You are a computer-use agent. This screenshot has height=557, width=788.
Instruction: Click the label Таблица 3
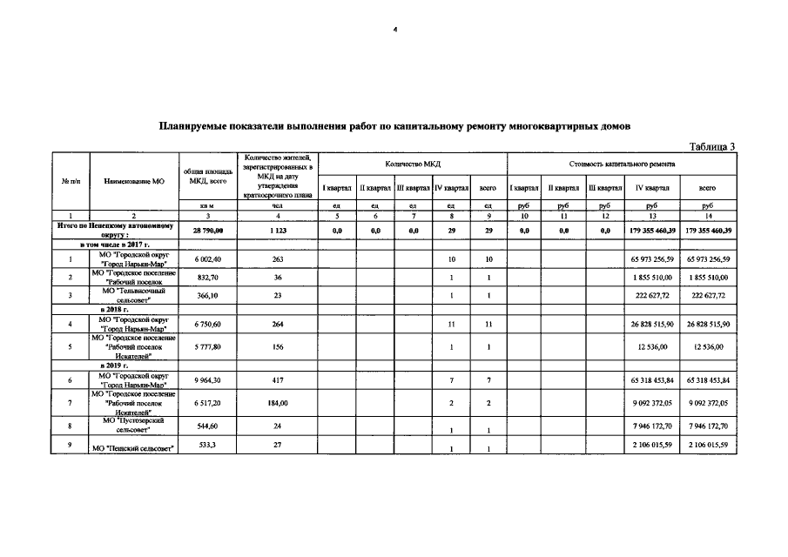coord(712,145)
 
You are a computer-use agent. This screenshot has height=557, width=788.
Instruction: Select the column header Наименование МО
coord(133,181)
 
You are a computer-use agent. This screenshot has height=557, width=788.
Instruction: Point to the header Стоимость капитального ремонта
coord(622,164)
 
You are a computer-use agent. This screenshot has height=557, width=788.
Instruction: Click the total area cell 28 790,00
coord(208,231)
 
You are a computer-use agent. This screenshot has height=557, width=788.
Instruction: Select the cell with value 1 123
coord(278,231)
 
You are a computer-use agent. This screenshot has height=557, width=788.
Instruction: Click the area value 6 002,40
coord(208,259)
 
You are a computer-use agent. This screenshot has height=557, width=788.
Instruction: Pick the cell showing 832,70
coord(208,277)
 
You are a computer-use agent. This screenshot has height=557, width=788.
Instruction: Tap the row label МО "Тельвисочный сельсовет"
coord(133,295)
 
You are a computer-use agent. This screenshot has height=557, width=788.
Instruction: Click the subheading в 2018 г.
coord(114,309)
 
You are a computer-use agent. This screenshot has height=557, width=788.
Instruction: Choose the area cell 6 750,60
coord(208,324)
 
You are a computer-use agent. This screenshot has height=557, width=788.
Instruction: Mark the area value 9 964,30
coord(208,379)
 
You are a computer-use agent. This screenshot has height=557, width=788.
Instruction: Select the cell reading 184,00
coord(278,403)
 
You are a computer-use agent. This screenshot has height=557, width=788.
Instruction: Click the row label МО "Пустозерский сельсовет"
coord(133,426)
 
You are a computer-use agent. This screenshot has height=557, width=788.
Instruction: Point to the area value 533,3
coord(208,446)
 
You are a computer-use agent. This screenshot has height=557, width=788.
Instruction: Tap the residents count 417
coord(278,379)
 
